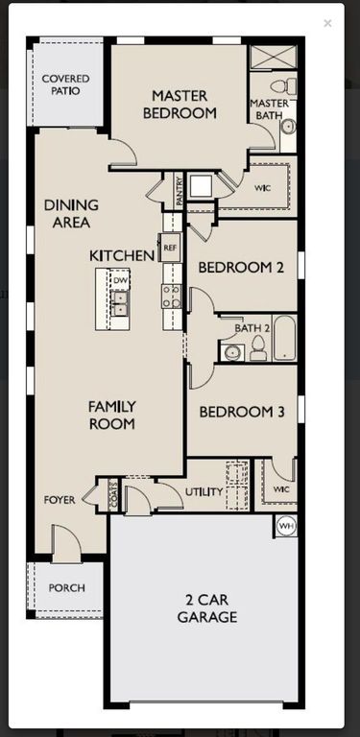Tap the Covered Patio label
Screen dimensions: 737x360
(x=66, y=84)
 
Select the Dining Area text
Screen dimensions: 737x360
(x=67, y=213)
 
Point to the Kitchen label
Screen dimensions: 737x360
(x=122, y=255)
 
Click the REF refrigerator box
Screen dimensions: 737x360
(x=170, y=248)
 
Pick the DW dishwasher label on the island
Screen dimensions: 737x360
(x=120, y=279)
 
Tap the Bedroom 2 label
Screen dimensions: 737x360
(x=241, y=268)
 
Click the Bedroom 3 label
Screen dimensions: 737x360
(x=241, y=412)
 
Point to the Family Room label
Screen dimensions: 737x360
(x=112, y=415)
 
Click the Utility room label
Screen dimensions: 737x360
(x=204, y=492)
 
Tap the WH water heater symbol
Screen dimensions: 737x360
(x=286, y=526)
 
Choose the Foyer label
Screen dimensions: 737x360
(x=60, y=500)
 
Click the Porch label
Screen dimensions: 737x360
(x=66, y=588)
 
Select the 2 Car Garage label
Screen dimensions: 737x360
(x=206, y=608)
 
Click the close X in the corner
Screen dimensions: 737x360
(x=327, y=23)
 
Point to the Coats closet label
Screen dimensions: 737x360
(x=113, y=496)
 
